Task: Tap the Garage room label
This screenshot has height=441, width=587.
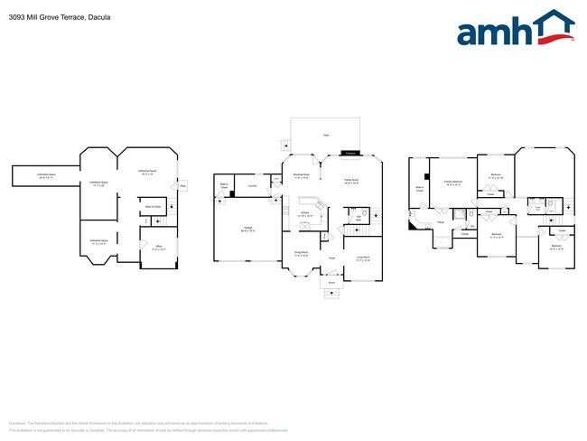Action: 247,229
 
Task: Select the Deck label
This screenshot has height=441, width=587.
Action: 325,136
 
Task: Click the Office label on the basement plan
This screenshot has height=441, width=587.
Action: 157,245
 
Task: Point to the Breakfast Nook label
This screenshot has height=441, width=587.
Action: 303,175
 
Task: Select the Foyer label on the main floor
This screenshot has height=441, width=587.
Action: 331,258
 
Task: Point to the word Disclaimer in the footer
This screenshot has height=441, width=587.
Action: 18,422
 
